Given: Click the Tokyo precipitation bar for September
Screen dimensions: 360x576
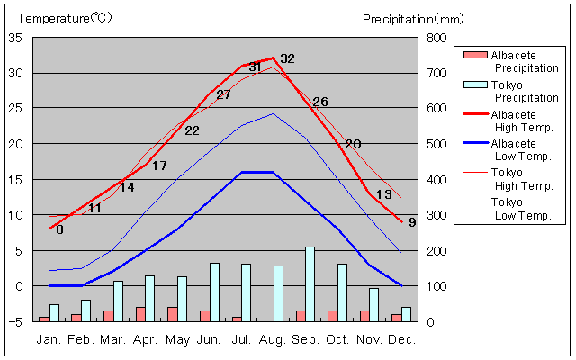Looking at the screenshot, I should (310, 283).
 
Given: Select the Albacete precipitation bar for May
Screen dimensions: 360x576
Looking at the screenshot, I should (172, 314).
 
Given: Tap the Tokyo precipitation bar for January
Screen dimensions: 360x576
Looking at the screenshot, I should (55, 312).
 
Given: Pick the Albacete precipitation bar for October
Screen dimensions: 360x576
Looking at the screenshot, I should (332, 316).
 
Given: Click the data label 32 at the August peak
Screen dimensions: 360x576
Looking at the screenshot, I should (287, 58).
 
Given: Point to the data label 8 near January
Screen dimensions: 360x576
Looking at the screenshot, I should (59, 229).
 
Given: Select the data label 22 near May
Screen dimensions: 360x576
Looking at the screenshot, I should (192, 130).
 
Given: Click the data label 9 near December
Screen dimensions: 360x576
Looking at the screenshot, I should (411, 222).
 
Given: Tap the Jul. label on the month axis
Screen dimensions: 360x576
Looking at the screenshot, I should (241, 339).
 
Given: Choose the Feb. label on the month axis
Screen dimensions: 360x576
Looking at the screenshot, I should (82, 339).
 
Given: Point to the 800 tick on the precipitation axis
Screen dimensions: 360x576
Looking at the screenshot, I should (436, 38).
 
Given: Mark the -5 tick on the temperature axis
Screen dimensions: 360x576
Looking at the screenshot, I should (16, 321).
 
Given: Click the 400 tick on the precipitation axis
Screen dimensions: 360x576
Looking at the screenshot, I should (436, 180).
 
